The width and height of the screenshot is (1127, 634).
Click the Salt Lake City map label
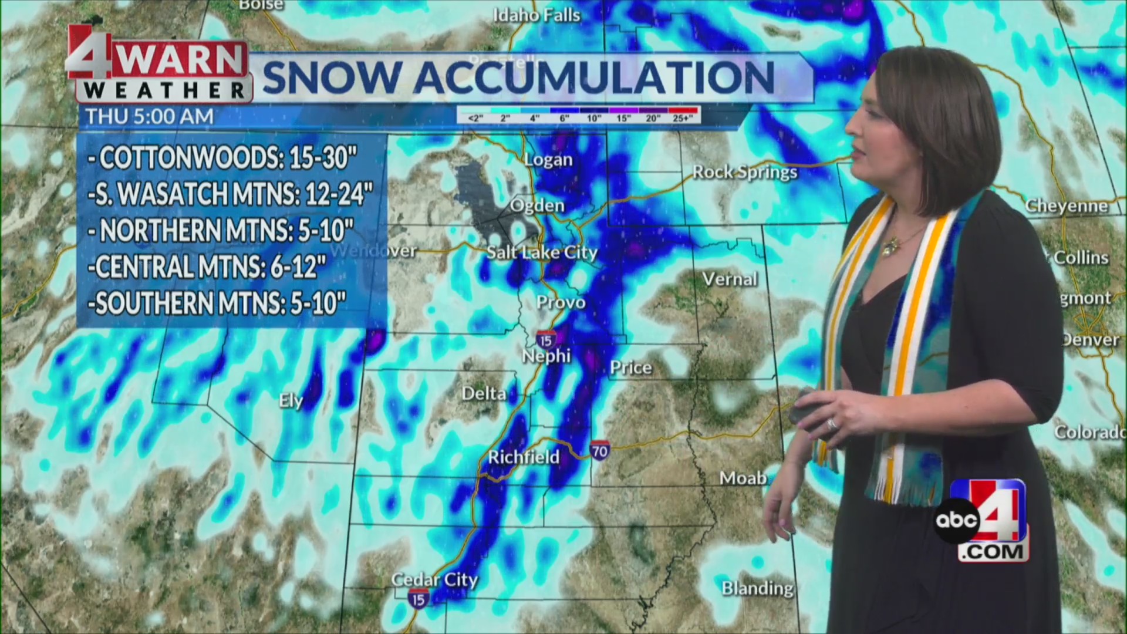541,252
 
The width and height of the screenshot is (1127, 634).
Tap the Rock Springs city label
744,172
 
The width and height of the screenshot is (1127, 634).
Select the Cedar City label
434,579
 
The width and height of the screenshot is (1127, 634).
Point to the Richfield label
524,457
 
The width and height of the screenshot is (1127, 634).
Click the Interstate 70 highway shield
599,450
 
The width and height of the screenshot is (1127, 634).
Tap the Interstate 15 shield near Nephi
546,339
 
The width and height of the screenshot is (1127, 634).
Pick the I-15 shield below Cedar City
418,599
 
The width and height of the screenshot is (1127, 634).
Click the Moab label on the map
743,478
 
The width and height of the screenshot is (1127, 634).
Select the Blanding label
757,588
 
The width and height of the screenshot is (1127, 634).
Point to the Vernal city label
730,279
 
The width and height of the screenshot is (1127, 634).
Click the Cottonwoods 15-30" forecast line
223,157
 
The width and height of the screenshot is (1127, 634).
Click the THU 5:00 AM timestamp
150,116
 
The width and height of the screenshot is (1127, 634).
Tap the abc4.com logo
980,521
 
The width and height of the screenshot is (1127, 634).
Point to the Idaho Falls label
536,15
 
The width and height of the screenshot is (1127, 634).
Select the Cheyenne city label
1066,205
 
